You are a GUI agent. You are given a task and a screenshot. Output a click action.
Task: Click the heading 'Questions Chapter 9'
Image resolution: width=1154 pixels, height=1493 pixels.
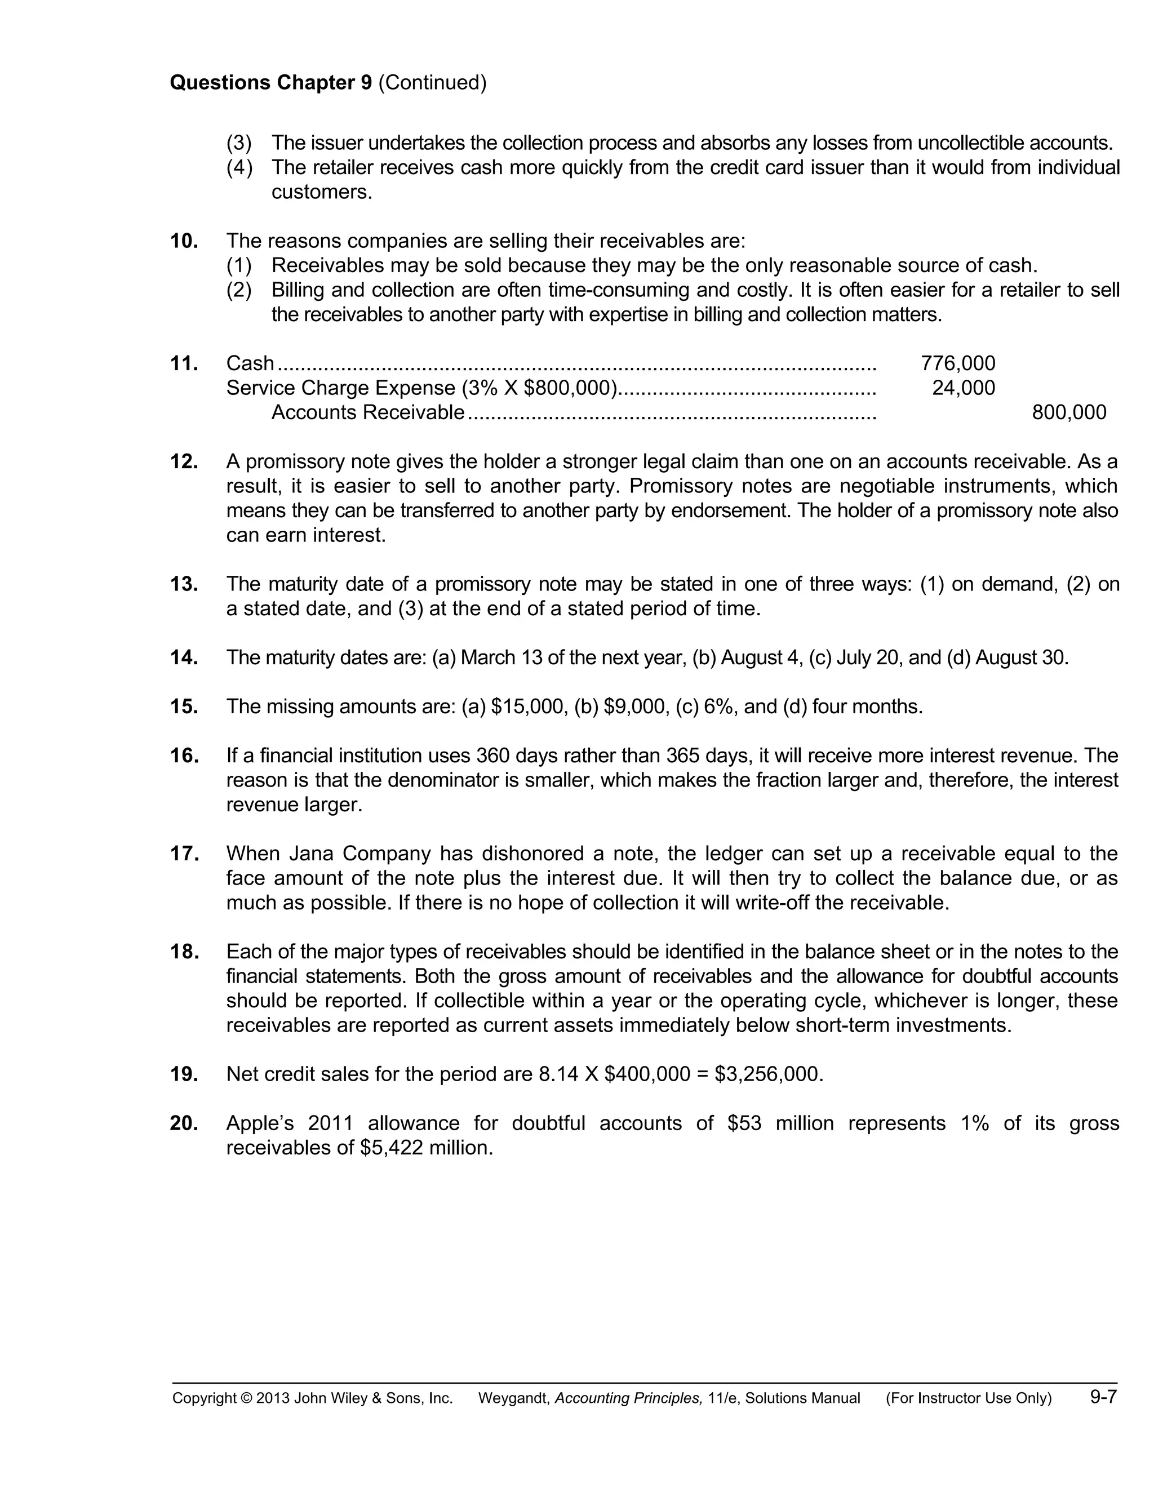(x=270, y=83)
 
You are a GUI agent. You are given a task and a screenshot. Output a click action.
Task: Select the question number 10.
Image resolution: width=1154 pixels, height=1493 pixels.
(x=184, y=241)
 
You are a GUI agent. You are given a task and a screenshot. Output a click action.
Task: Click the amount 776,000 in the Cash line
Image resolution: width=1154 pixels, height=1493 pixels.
(x=958, y=363)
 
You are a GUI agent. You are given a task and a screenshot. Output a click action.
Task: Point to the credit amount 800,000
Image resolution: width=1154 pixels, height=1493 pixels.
(x=1068, y=412)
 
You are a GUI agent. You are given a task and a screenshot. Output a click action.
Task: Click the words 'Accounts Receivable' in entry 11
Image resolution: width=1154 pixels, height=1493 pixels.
(x=368, y=412)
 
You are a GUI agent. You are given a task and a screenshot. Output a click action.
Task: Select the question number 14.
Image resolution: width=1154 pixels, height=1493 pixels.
(x=184, y=657)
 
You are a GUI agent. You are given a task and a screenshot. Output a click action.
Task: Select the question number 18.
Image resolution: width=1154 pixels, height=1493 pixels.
(x=184, y=952)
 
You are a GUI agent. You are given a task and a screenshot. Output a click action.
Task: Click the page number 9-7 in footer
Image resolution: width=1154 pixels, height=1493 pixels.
(x=1103, y=1397)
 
